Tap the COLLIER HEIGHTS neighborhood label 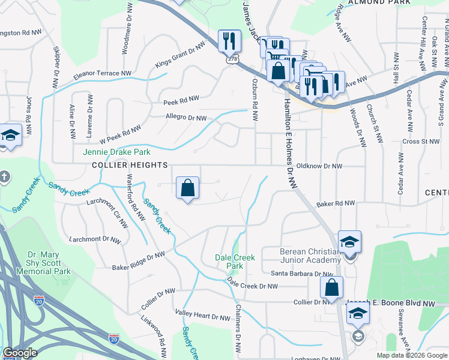click(x=128, y=164)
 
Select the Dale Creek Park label click(x=235, y=262)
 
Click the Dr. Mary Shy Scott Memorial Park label click(x=49, y=262)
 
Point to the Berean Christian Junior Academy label click(x=310, y=256)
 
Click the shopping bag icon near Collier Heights click(x=188, y=188)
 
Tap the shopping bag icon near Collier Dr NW click(x=331, y=287)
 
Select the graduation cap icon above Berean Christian click(x=349, y=242)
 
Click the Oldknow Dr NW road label click(x=319, y=166)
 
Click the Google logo click(x=20, y=353)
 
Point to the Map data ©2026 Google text click(x=412, y=355)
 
